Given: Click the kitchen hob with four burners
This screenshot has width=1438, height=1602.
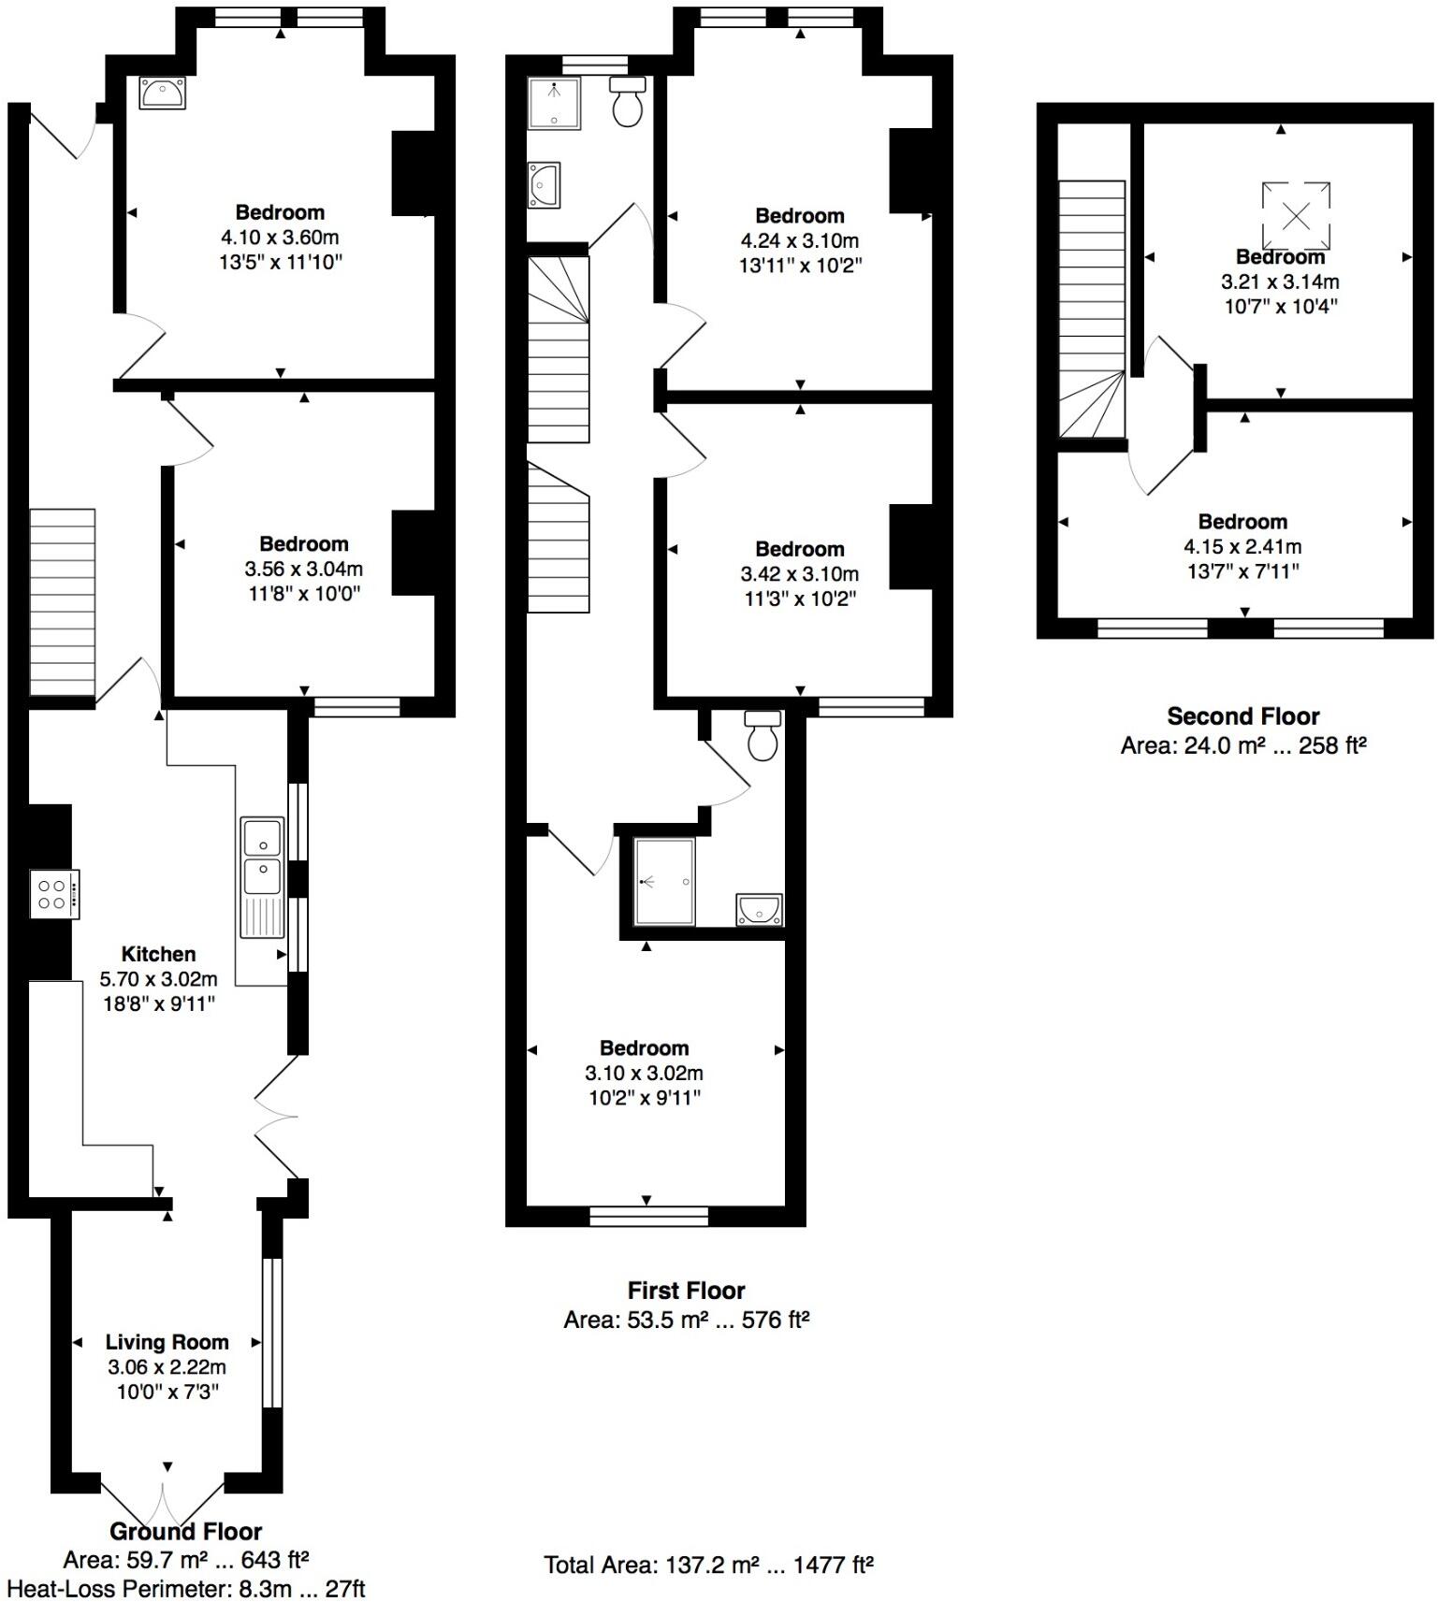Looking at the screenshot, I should (54, 894).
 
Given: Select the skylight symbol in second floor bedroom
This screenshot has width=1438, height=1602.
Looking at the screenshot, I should (1296, 216).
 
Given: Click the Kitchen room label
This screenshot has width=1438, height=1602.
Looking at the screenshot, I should (158, 954).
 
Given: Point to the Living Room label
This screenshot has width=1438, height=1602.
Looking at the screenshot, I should (167, 1342).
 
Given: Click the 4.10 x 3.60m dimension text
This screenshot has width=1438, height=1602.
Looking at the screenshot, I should (280, 238).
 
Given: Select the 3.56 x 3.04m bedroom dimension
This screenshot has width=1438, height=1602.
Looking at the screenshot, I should (304, 569).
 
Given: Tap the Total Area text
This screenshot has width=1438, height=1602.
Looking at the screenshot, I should (708, 1565).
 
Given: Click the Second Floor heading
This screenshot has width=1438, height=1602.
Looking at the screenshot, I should (1242, 716).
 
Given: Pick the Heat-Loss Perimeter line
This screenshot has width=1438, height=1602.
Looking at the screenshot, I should (185, 1588).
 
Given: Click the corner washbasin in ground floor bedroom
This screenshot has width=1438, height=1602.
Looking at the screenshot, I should (163, 94).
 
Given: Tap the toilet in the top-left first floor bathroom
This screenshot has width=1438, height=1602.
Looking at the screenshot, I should (628, 103).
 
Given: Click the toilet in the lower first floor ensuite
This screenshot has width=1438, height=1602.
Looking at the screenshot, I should (763, 736).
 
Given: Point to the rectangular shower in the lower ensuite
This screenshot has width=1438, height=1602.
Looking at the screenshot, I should (664, 882).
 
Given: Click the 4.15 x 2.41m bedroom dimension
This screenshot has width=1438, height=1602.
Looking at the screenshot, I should (1242, 546).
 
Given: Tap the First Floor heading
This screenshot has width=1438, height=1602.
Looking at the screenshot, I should (686, 1291).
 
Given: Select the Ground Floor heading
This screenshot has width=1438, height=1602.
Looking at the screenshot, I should (185, 1531).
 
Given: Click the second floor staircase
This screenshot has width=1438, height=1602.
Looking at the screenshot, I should (1091, 309).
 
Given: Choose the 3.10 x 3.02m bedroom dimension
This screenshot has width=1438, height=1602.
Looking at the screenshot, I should (644, 1073).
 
